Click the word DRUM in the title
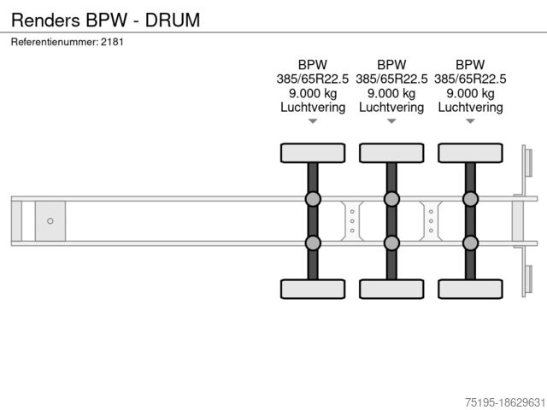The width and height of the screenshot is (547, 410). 173,20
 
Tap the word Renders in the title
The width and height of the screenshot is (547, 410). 45,20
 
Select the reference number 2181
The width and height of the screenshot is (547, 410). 112,42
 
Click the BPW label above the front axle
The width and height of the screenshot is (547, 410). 313,65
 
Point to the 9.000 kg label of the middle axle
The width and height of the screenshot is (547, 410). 391,93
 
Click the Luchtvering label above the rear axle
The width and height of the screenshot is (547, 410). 470,108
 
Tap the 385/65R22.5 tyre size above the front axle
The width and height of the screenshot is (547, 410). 313,79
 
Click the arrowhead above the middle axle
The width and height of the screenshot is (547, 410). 391,121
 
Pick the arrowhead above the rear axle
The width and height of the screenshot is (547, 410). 470,121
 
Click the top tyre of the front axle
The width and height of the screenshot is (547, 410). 313,153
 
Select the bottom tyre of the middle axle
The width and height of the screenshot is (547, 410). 391,289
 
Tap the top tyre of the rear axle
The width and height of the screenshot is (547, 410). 470,153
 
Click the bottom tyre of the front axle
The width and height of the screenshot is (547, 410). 313,289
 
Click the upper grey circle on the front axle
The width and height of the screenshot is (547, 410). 313,199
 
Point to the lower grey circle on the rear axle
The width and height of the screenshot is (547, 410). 470,243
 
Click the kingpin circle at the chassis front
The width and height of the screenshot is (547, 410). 50,221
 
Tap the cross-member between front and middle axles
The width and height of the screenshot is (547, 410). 352,221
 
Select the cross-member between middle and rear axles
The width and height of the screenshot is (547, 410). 431,221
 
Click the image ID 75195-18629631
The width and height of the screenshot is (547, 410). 505,402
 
